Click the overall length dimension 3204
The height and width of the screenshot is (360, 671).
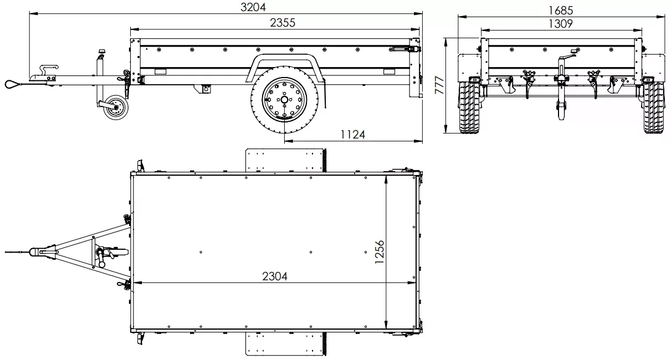[253, 7]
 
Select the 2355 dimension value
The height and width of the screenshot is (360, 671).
[283, 23]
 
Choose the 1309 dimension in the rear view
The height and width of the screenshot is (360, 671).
[560, 23]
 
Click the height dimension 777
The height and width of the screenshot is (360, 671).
[439, 86]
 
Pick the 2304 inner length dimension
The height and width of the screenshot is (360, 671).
[275, 276]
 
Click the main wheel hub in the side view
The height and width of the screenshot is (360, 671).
[284, 100]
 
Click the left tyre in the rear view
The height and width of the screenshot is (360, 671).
[469, 108]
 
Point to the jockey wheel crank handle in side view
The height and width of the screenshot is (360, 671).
[102, 53]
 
